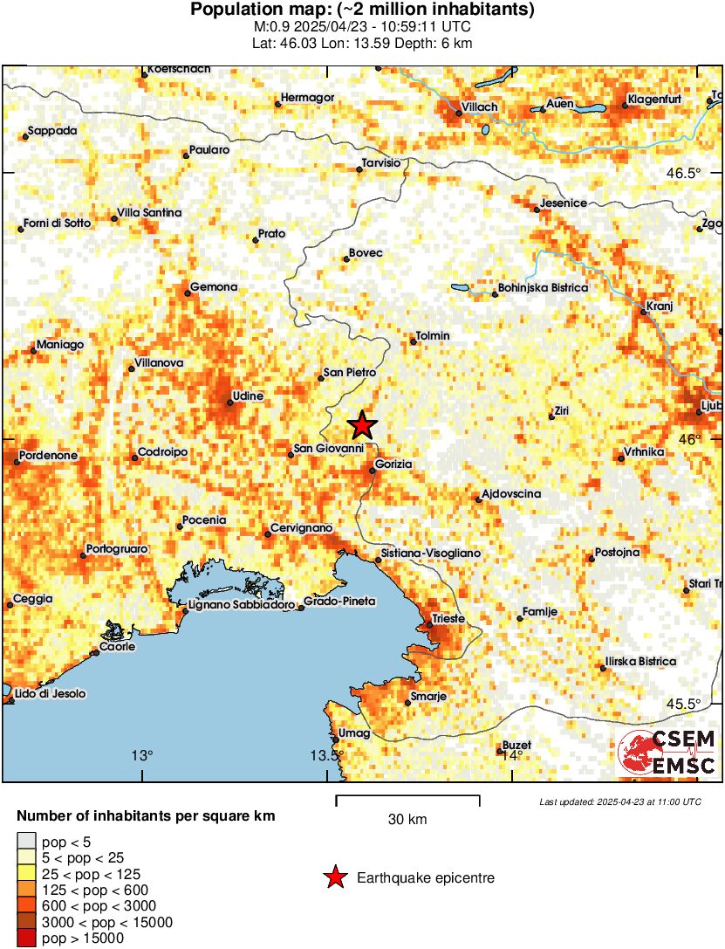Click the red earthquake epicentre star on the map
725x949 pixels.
click(362, 425)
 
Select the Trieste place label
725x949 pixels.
click(449, 619)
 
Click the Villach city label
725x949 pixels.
click(479, 107)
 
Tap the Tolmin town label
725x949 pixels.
click(434, 336)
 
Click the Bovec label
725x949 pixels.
click(366, 253)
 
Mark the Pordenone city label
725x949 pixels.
click(46, 456)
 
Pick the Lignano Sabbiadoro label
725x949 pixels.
click(242, 604)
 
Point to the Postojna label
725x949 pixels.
click(618, 553)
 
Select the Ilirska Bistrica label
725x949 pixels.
click(640, 662)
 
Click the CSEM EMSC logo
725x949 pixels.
click(667, 753)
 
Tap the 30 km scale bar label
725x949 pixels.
click(407, 820)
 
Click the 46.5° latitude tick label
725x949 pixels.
click(683, 173)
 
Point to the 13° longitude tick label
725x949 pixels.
click(142, 756)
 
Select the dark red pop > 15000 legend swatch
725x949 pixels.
click(26, 939)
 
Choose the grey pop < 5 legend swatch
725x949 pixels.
click(26, 842)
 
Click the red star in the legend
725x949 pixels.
click(334, 877)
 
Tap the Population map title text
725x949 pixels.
click(362, 10)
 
